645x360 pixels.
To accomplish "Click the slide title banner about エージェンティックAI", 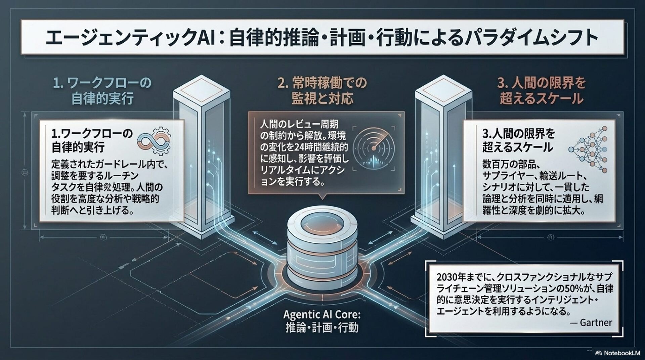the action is [x=322, y=37].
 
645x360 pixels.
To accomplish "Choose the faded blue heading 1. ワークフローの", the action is [x=103, y=83].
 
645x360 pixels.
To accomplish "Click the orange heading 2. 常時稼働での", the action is [x=322, y=83].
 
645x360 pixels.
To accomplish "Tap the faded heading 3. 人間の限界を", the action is [x=541, y=83].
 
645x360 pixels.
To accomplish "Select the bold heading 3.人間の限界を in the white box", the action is [x=519, y=134].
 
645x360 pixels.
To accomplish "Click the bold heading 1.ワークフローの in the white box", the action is [x=92, y=134].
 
